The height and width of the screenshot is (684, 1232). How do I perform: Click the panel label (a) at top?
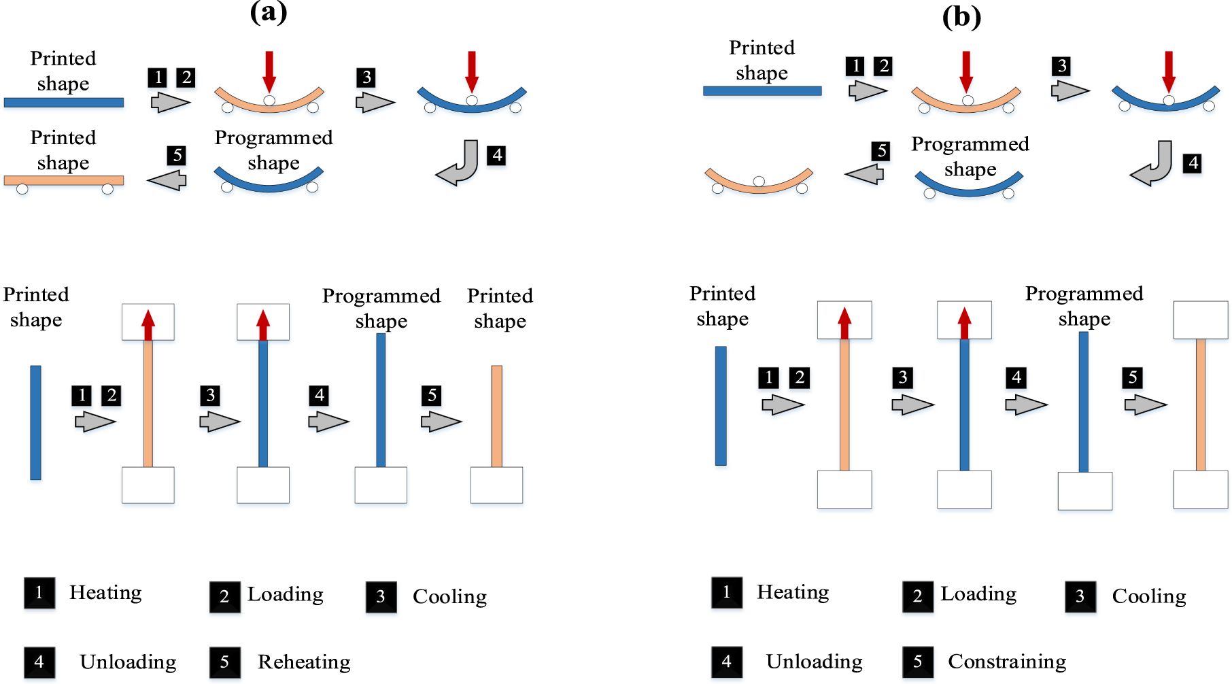269,12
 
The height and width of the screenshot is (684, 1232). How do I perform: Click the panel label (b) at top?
961,16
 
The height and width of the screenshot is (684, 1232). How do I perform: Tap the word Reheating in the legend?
304,662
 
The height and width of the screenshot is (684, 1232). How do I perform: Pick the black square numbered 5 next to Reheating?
225,662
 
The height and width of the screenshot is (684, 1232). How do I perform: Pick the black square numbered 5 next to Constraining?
918,662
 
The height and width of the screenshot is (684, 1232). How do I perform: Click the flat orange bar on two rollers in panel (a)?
64,180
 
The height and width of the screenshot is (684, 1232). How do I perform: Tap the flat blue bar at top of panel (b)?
762,90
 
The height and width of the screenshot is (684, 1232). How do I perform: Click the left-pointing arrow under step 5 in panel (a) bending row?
167,180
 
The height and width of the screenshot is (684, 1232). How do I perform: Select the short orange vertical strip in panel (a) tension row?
497,416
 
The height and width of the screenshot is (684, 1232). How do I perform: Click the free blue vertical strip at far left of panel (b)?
721,406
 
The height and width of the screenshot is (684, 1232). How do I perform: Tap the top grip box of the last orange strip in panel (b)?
1201,320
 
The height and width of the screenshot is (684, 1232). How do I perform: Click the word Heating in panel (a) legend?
105,592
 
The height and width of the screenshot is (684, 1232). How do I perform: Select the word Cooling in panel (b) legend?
1149,596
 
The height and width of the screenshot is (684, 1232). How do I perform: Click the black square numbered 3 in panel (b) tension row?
903,377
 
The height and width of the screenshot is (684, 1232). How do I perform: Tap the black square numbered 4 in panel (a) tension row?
320,395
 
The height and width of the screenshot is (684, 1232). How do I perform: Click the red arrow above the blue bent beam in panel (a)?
472,71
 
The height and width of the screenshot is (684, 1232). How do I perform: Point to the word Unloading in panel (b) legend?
814,662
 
